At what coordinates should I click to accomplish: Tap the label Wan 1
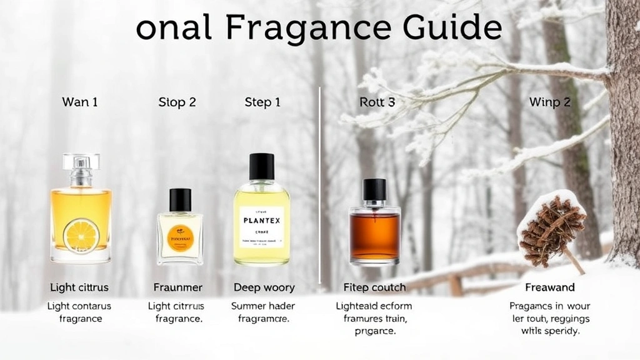(80, 102)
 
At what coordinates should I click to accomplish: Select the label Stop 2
(177, 102)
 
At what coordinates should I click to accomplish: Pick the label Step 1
(262, 102)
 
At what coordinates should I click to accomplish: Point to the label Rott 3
(377, 102)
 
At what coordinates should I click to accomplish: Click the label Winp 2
(550, 102)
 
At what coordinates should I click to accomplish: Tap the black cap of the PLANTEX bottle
(261, 167)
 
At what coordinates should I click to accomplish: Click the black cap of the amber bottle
(375, 189)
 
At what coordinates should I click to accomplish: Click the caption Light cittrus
(79, 287)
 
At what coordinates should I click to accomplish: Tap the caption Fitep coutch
(375, 287)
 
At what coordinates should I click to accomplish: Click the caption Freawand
(550, 287)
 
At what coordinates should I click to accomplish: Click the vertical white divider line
(320, 187)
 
